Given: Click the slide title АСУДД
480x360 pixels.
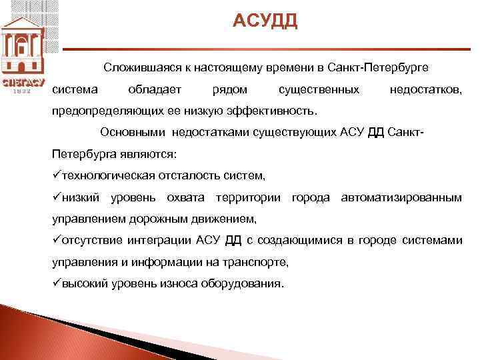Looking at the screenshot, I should (265, 22).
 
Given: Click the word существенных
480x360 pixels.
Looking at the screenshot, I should (319, 89).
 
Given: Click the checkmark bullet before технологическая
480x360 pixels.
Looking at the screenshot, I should (56, 175).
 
